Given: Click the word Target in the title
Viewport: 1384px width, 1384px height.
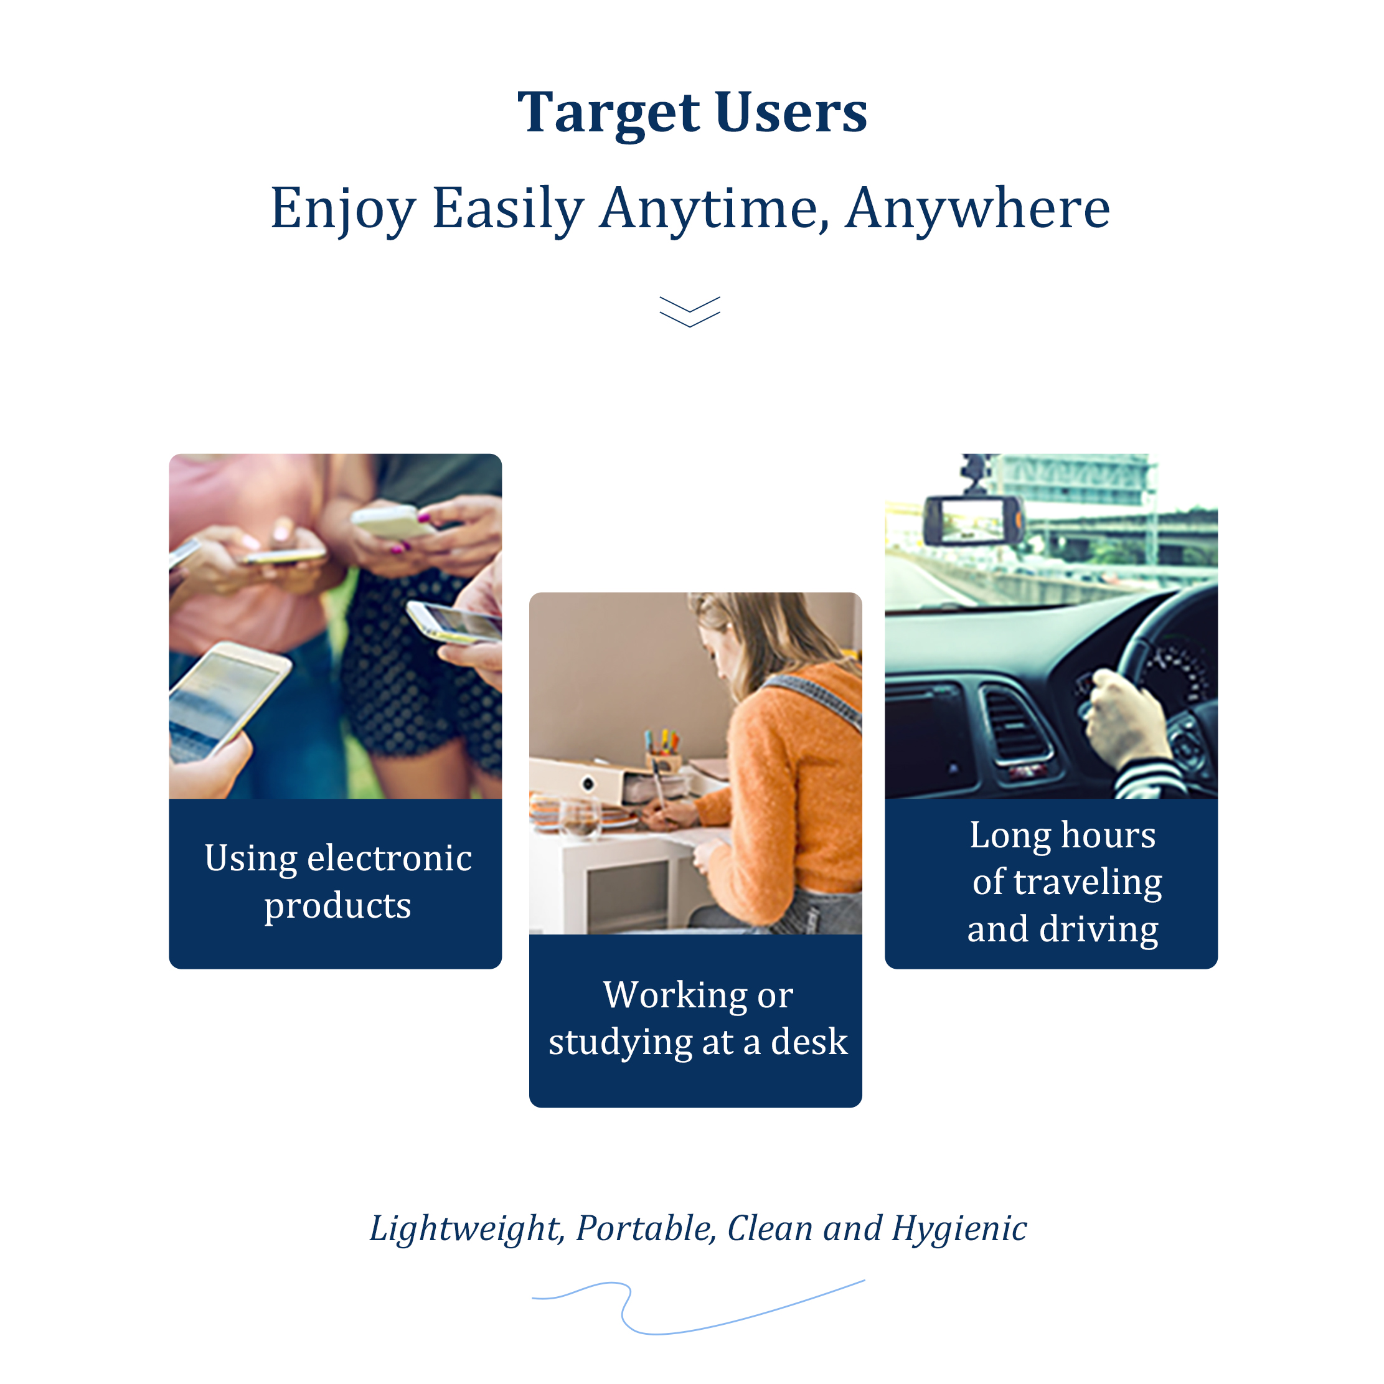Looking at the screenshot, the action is (x=608, y=114).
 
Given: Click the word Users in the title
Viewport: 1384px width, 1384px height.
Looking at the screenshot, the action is (x=791, y=113).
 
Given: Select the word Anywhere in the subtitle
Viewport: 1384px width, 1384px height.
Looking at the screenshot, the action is (x=978, y=209).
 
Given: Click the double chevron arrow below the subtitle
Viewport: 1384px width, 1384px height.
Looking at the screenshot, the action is (x=690, y=312).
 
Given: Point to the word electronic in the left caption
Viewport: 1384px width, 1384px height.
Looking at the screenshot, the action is (x=399, y=857).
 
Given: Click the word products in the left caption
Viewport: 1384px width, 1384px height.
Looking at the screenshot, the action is (x=337, y=906).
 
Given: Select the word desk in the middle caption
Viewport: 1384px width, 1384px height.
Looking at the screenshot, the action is (x=809, y=1042).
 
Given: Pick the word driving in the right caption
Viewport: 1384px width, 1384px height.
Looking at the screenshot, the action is (x=1099, y=931).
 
